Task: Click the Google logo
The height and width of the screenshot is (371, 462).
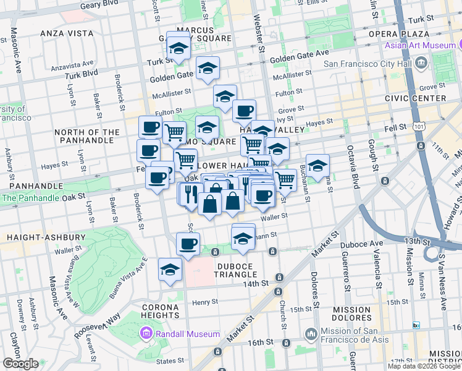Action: pyautogui.click(x=20, y=364)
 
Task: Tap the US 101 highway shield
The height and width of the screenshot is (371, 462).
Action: pyautogui.click(x=419, y=126)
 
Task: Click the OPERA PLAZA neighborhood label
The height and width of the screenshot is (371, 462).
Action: pyautogui.click(x=399, y=33)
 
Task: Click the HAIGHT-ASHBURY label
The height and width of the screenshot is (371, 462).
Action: pyautogui.click(x=46, y=237)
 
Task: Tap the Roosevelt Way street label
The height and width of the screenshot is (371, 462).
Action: pyautogui.click(x=98, y=325)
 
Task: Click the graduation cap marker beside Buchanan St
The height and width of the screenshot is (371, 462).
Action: pyautogui.click(x=317, y=166)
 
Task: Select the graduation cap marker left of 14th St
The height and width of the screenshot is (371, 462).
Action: pyautogui.click(x=170, y=270)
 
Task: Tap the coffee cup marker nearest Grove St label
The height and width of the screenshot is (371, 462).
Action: pyautogui.click(x=244, y=111)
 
